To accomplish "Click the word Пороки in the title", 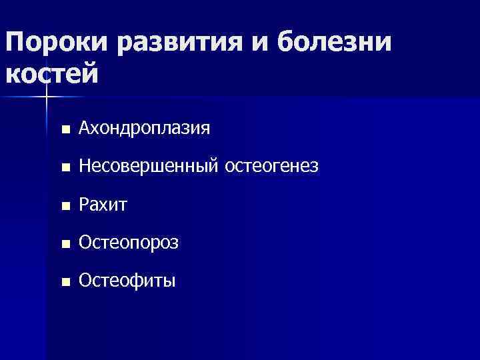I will (56, 44).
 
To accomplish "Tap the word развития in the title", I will (176, 44).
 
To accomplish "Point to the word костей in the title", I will (52, 73).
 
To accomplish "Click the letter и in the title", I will (257, 45).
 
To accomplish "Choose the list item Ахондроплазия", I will (144, 129).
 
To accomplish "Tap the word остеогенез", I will (272, 167).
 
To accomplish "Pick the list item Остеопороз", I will (128, 243).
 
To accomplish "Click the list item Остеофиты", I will (127, 281).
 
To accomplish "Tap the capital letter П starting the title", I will (14, 44).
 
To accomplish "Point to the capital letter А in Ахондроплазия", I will (84, 129).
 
